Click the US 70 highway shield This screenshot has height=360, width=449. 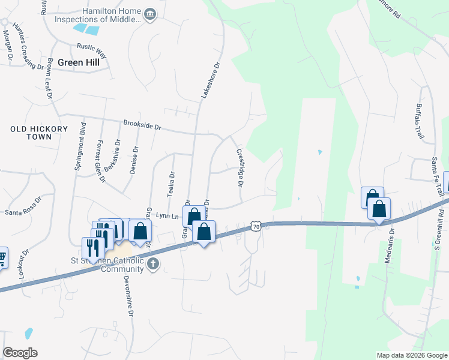[256, 227]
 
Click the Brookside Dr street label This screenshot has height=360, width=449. [142, 125]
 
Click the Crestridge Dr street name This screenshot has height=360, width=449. [240, 167]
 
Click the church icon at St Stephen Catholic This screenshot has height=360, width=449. [153, 263]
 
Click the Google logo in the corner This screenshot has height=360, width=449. [20, 353]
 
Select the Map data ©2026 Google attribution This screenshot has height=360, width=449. [411, 355]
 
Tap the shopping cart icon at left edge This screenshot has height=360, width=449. [2, 257]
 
